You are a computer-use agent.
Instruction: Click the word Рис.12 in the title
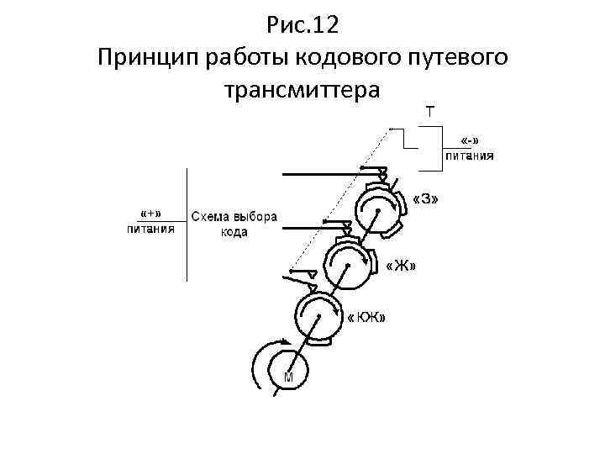click(x=302, y=25)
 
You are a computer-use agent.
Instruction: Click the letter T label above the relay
click(x=430, y=110)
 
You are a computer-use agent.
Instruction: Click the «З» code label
click(x=427, y=199)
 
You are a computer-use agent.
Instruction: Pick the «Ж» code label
click(x=400, y=267)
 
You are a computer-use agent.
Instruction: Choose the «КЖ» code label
click(x=367, y=317)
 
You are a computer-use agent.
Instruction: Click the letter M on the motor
click(x=288, y=378)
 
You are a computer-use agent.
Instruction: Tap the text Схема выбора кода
click(x=234, y=224)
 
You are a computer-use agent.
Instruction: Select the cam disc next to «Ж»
click(x=346, y=262)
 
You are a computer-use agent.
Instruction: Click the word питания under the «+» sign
click(x=151, y=227)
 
